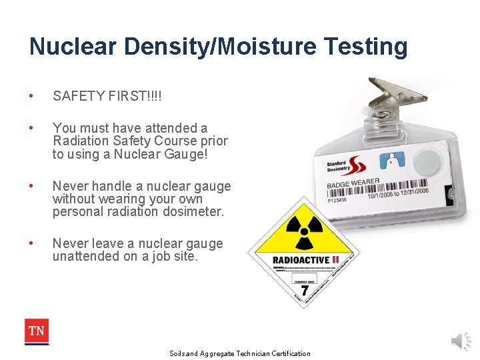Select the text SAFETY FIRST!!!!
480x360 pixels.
107,97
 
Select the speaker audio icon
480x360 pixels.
461,341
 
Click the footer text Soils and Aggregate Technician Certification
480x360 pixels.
240,353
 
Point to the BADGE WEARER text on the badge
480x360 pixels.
353,183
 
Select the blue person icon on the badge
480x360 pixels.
391,161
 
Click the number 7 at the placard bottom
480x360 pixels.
304,291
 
